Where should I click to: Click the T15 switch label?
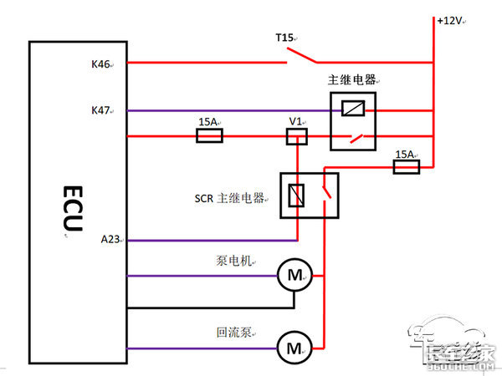pyautogui.click(x=285, y=38)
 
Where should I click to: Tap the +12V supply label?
pyautogui.click(x=450, y=20)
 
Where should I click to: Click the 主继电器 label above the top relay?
pyautogui.click(x=351, y=80)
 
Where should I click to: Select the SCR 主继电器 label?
pyautogui.click(x=228, y=198)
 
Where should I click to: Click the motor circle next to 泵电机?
pyautogui.click(x=294, y=275)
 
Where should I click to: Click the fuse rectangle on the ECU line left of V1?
pyautogui.click(x=209, y=136)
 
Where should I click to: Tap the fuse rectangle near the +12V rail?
pyautogui.click(x=405, y=168)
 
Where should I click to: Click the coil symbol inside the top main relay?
pyautogui.click(x=355, y=109)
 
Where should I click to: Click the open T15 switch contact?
pyautogui.click(x=302, y=57)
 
